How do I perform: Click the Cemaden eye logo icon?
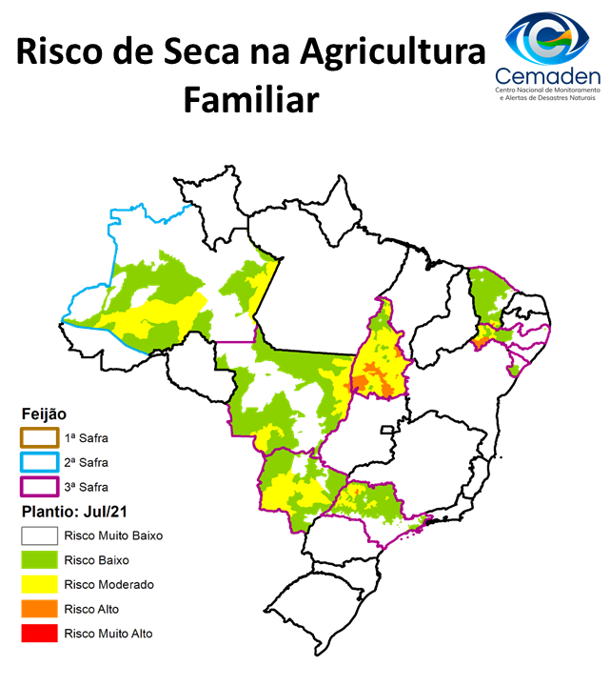click(x=541, y=36)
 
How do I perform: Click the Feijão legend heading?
click(x=44, y=414)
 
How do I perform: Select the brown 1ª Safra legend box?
click(x=40, y=438)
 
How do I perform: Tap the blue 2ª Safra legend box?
click(x=40, y=462)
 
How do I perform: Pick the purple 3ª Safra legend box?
click(x=40, y=487)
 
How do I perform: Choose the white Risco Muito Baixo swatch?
click(x=40, y=535)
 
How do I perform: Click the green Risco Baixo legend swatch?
click(x=40, y=560)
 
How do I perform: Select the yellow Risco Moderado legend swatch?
click(x=40, y=584)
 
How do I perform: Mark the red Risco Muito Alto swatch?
click(x=40, y=633)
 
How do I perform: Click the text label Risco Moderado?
click(x=109, y=584)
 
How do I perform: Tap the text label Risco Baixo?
click(x=97, y=560)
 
